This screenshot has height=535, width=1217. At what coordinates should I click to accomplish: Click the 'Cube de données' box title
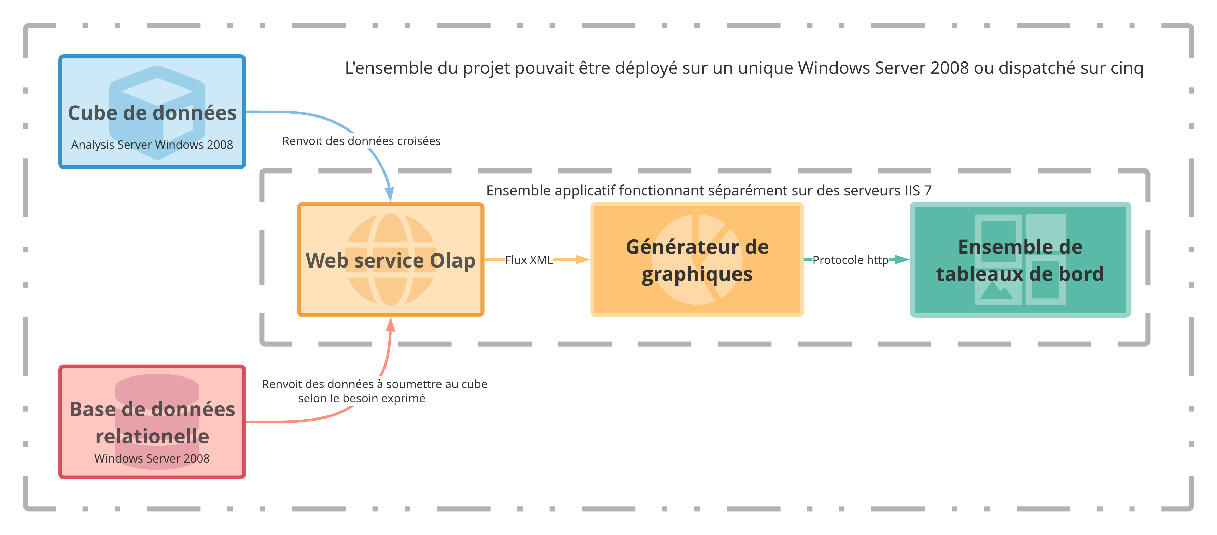pos(152,113)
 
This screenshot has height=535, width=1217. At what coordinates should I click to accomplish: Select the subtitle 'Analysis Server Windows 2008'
pos(152,145)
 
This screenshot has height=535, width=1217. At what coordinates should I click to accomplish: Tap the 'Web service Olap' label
pos(390,260)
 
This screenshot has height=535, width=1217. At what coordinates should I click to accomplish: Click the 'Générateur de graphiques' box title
pos(697,260)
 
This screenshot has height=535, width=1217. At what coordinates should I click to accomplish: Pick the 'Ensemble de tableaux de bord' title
pos(1020,260)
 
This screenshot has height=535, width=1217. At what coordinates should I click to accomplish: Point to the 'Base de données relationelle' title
pos(152,423)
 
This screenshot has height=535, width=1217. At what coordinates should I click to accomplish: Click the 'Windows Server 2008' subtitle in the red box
pos(152,458)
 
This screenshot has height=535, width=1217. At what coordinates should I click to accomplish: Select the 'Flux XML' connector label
pos(529,260)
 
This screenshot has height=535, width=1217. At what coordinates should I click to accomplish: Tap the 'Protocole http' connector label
pos(850,260)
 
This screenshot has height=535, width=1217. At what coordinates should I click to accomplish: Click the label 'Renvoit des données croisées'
pos(361,141)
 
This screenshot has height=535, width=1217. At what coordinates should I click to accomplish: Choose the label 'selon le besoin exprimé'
pos(361,398)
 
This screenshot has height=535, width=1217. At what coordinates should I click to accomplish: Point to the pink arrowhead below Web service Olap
pos(390,324)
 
